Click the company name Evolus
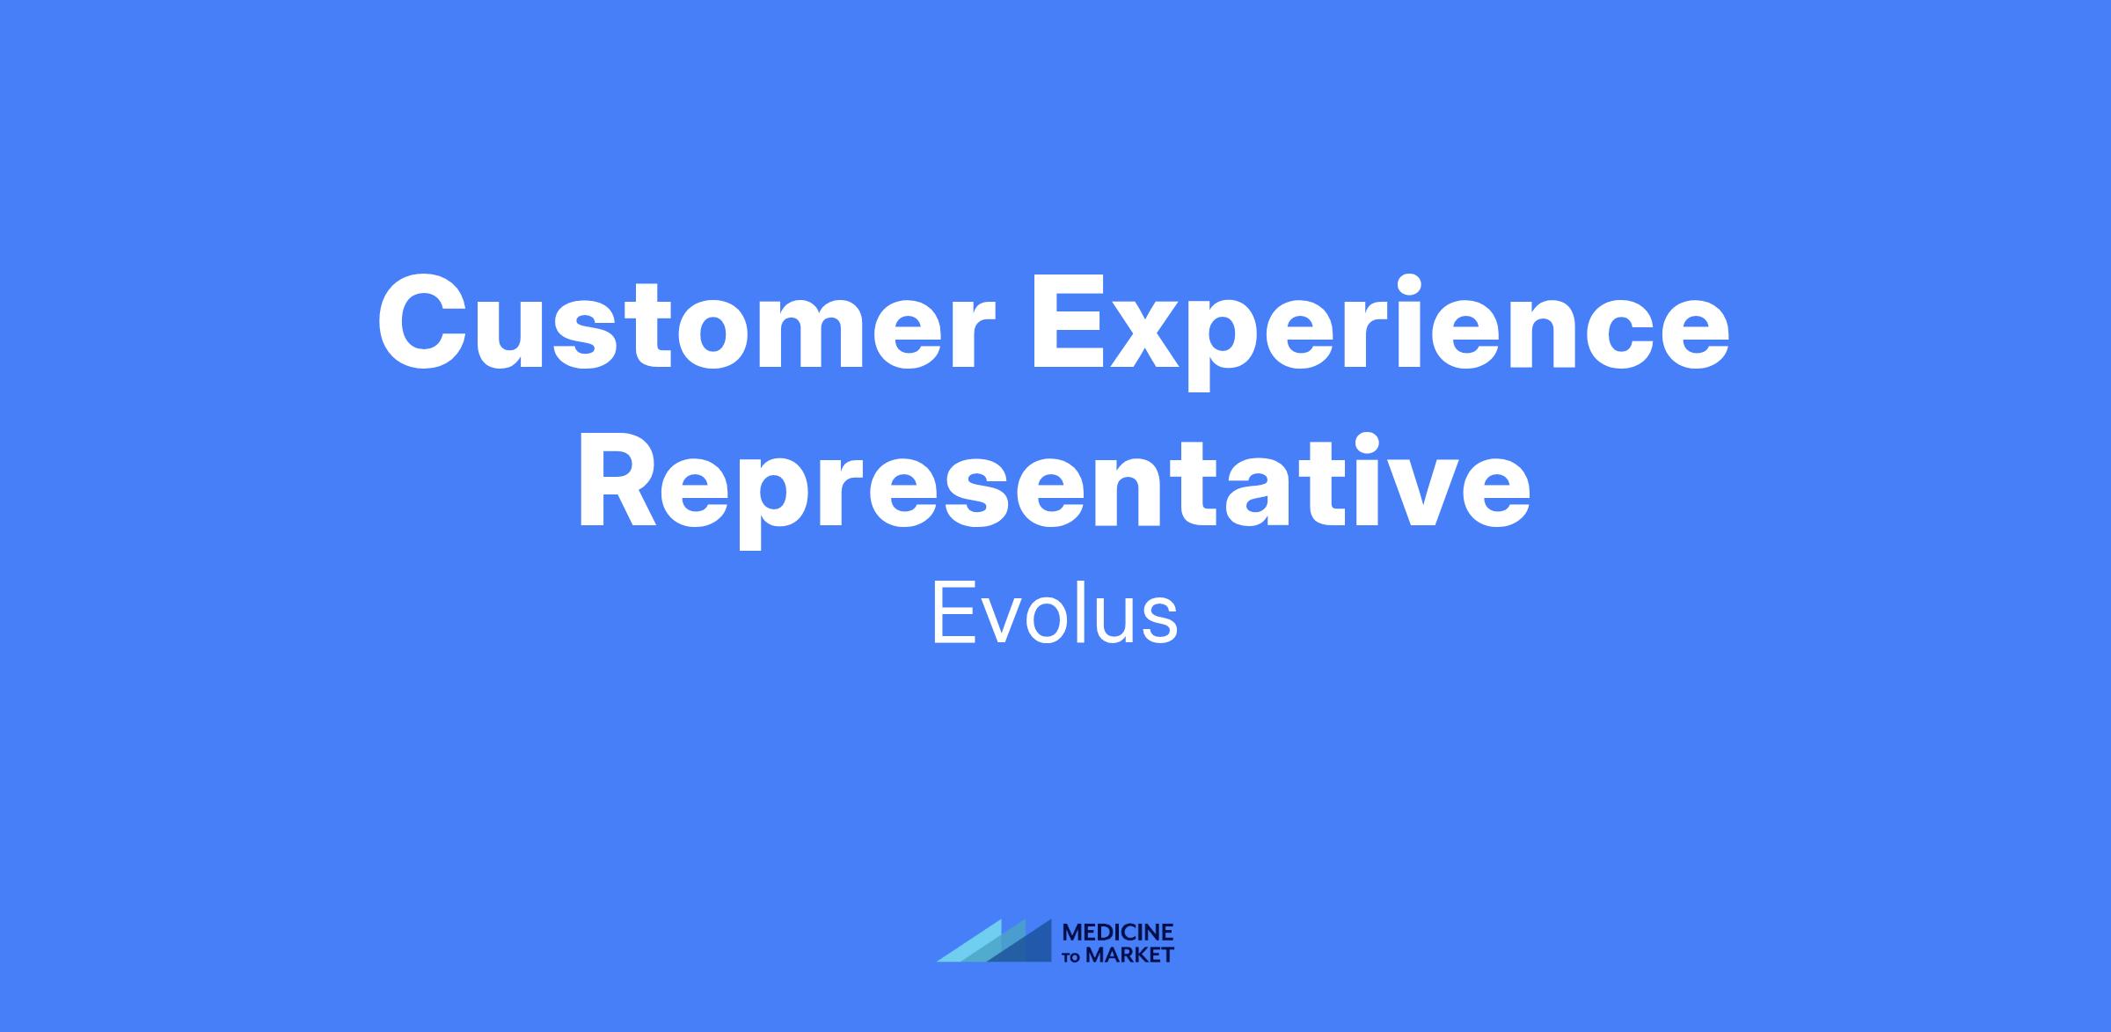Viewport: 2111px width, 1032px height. (1055, 612)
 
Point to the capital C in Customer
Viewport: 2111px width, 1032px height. (424, 323)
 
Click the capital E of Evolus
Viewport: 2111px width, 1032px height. (952, 612)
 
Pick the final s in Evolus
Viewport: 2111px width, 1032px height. (1158, 622)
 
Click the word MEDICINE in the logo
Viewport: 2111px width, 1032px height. (1118, 932)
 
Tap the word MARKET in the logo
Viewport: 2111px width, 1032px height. (1129, 955)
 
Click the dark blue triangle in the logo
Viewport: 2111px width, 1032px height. (1020, 941)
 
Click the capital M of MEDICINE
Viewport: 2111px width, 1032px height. (1073, 932)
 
